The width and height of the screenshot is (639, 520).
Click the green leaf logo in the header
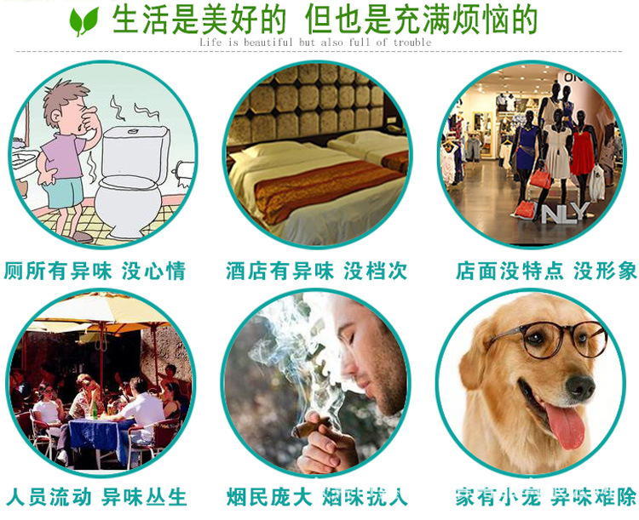coord(83,20)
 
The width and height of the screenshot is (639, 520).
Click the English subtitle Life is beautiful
coord(315,43)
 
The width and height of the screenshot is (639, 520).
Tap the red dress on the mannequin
coord(583,153)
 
